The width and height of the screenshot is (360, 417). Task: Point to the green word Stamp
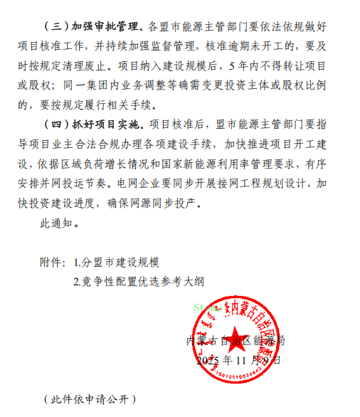204,308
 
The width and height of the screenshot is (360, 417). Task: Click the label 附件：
55,262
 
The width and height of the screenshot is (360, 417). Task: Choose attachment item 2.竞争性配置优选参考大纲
139,280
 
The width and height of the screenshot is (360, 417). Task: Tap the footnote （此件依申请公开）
88,398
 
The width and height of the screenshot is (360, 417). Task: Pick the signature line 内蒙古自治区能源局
235,341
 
